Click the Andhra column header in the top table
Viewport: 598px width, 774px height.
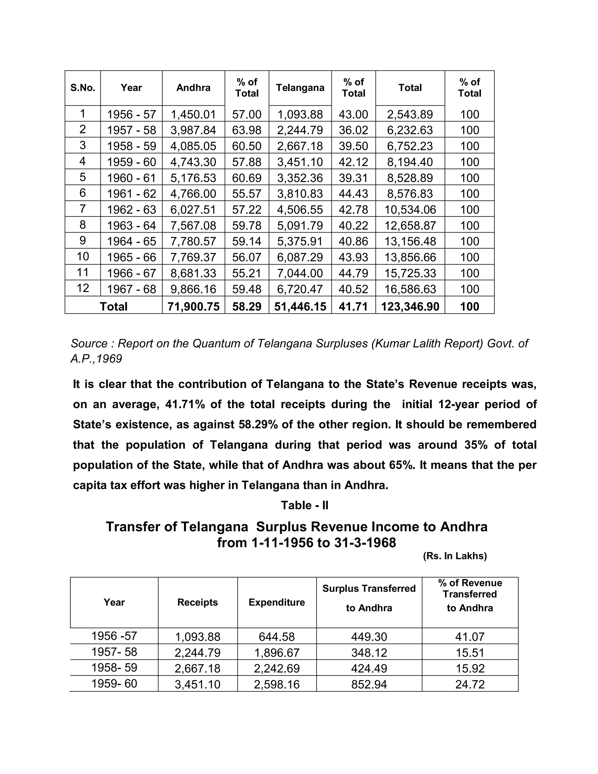coord(193,88)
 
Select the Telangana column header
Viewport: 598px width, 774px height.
coord(300,88)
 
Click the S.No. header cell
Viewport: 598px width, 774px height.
coord(83,88)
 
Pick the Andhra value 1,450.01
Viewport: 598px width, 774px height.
coord(193,114)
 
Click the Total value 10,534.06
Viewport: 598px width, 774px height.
coord(410,209)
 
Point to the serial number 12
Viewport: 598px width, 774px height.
coord(83,288)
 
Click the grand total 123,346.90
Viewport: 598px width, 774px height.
coord(410,307)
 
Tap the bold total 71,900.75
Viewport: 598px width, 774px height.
coord(193,307)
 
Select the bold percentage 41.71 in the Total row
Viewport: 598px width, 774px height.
coord(353,307)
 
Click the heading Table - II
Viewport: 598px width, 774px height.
coord(305,505)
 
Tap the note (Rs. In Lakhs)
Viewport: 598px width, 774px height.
coord(455,556)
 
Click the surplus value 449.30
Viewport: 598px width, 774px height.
coord(369,637)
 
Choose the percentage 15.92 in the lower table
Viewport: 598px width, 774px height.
coord(470,668)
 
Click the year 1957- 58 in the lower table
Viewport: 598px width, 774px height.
coord(114,652)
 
